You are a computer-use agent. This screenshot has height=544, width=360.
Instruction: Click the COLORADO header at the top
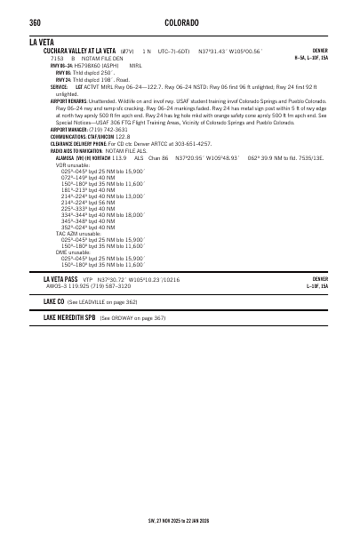(181, 22)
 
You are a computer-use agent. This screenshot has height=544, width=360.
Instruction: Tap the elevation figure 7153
(57, 58)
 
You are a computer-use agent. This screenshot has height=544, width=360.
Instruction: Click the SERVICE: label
(59, 87)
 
